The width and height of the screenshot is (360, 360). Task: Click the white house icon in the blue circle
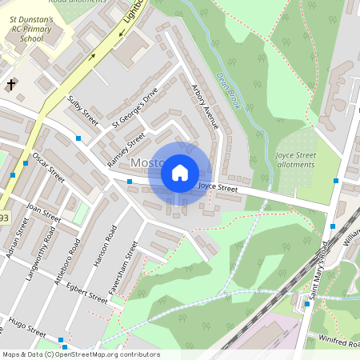(x=180, y=172)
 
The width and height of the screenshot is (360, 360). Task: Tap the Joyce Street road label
(x=218, y=188)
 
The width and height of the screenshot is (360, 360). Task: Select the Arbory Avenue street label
(x=205, y=106)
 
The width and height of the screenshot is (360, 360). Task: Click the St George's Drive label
(x=135, y=110)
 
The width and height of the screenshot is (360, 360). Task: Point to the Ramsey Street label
(x=126, y=150)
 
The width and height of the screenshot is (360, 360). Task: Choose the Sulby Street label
(x=82, y=111)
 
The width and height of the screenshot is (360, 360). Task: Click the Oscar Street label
(x=49, y=165)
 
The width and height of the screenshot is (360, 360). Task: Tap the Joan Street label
(x=43, y=212)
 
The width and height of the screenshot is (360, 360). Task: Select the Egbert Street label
(x=87, y=290)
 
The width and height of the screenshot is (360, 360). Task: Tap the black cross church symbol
(x=11, y=83)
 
